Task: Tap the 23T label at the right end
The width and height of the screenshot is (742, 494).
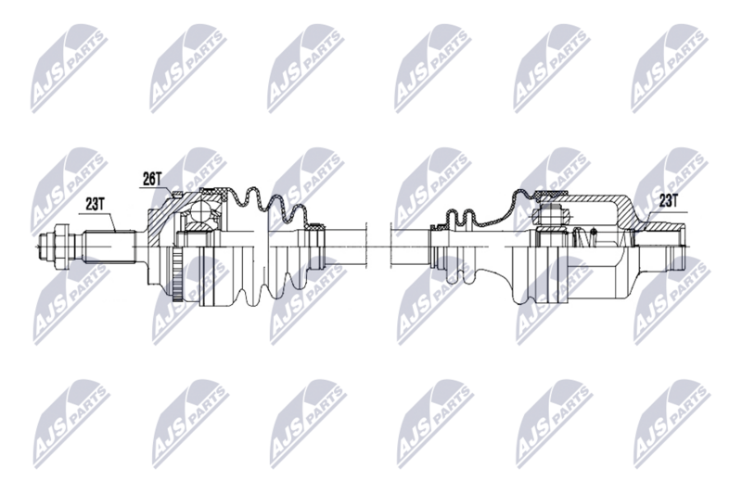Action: pyautogui.click(x=669, y=199)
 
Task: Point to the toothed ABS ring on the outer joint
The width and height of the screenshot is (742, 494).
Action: pyautogui.click(x=180, y=273)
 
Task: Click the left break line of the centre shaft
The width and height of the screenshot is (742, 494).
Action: pyautogui.click(x=369, y=247)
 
